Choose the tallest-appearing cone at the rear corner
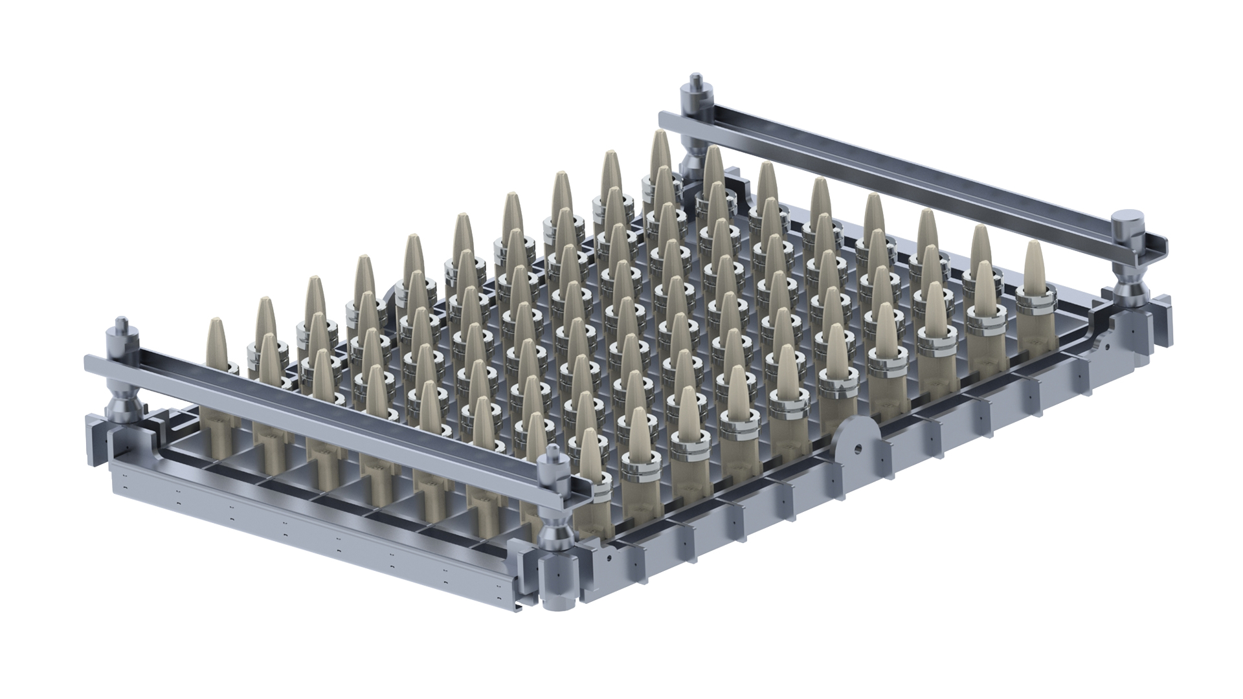click(660, 155)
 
